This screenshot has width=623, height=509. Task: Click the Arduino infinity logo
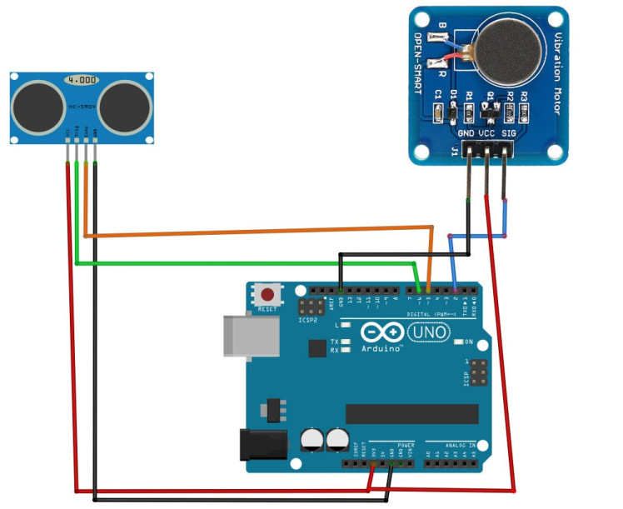[x=383, y=333]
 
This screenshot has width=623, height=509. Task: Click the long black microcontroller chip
[x=412, y=414]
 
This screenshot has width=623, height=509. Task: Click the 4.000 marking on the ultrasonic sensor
[x=81, y=80]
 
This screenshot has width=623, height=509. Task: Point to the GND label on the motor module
[x=466, y=132]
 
